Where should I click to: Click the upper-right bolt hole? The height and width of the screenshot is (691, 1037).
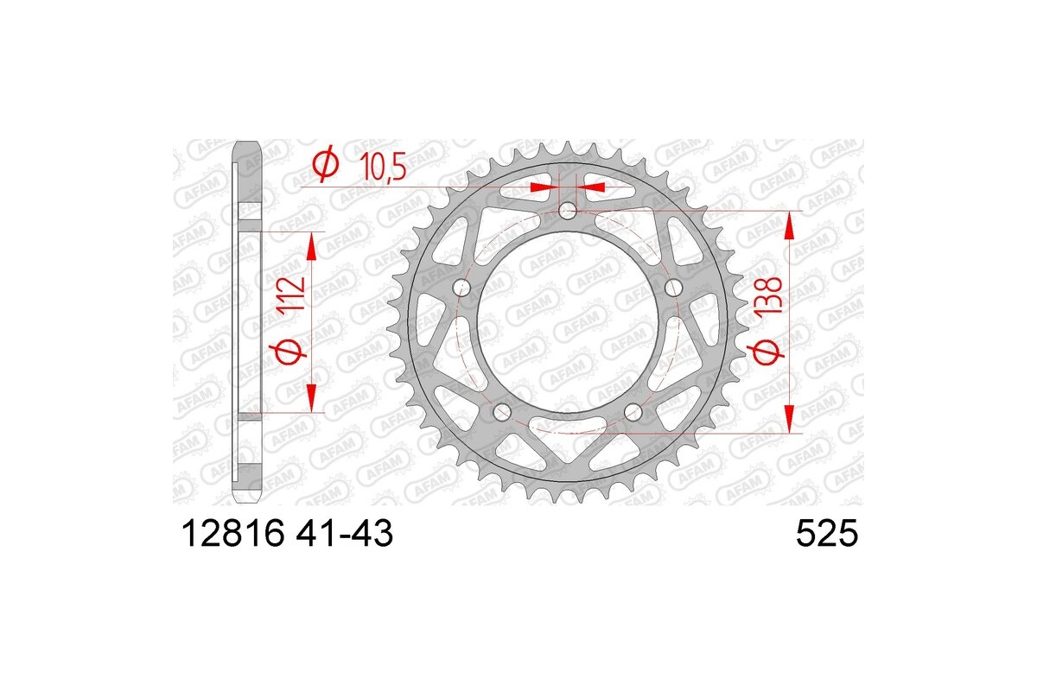[674, 287]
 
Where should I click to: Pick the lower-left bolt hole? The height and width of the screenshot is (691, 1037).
[502, 412]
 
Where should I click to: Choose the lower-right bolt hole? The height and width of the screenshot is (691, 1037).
[633, 412]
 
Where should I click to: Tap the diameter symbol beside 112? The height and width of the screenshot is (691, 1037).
[291, 352]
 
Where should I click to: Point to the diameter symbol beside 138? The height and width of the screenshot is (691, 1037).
[773, 351]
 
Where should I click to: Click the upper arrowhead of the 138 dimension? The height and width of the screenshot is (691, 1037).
[789, 225]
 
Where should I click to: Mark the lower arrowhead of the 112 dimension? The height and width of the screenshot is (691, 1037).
[312, 400]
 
